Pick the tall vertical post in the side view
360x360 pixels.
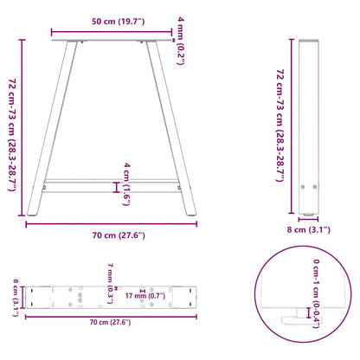[309, 130]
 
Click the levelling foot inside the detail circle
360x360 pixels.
[304, 318]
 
